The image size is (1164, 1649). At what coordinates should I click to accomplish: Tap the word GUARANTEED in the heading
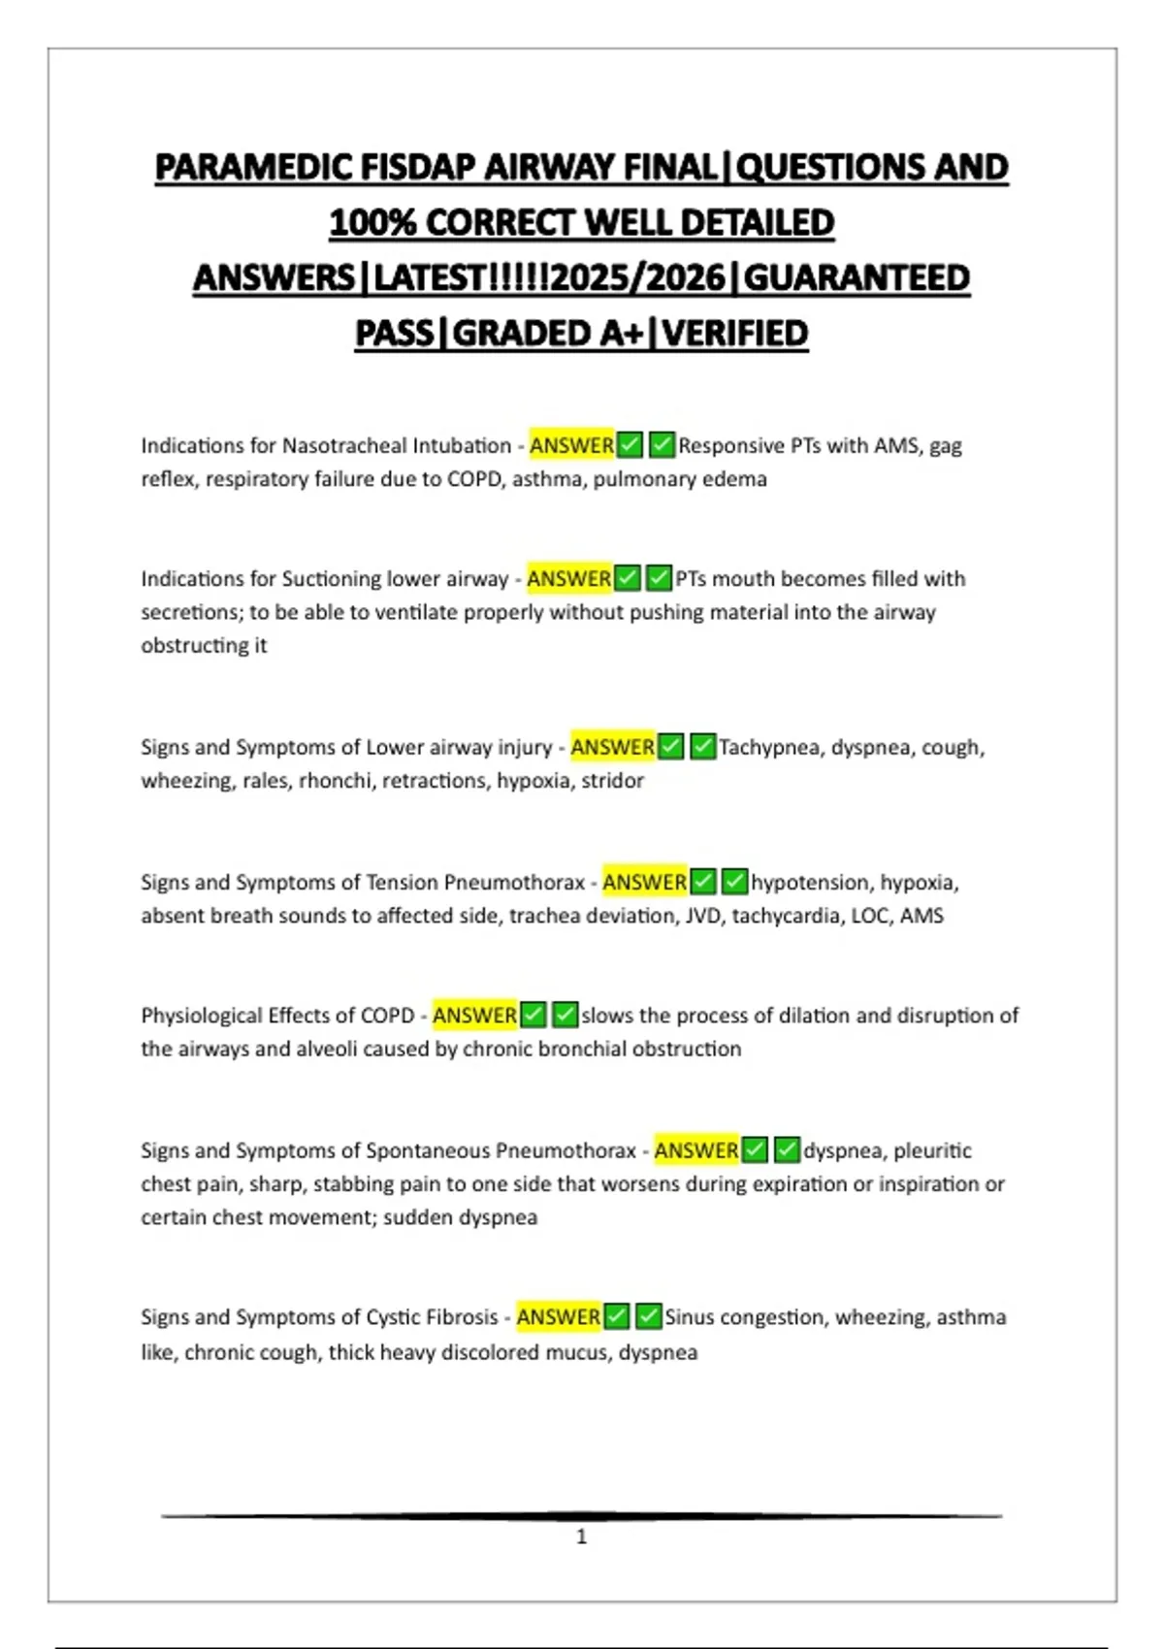tap(857, 278)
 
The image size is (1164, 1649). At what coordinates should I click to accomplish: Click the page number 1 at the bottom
tap(581, 1536)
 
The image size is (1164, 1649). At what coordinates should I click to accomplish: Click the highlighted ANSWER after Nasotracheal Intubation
tap(571, 445)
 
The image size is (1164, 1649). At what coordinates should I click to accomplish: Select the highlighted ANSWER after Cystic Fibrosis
tap(558, 1317)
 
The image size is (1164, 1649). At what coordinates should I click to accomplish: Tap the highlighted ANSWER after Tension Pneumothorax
tap(644, 883)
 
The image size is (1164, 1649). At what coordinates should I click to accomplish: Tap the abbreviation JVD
tap(702, 916)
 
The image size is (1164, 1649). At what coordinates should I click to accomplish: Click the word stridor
tap(612, 781)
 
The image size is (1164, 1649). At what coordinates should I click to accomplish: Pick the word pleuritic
tap(932, 1150)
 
